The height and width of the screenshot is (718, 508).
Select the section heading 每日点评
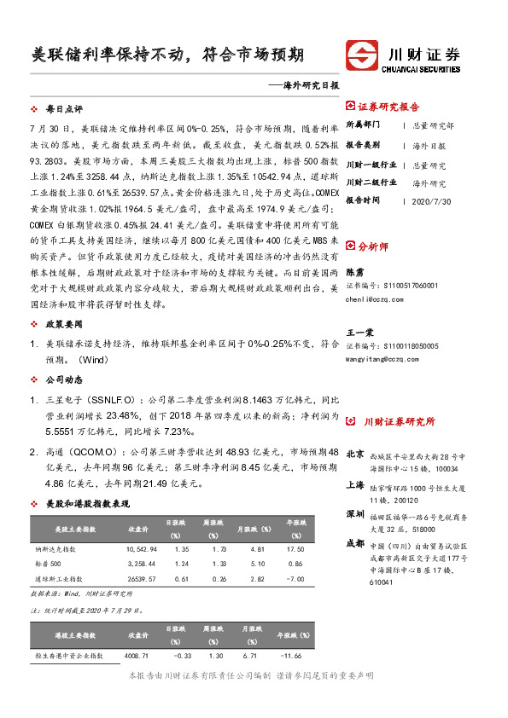tap(64, 110)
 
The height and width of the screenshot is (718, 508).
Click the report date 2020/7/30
tap(430, 201)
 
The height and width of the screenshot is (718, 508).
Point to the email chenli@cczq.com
tap(374, 299)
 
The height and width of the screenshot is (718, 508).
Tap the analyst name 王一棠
tap(359, 333)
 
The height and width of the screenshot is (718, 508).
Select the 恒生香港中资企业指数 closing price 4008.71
tap(137, 656)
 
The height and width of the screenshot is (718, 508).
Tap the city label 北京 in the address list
tap(354, 454)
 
